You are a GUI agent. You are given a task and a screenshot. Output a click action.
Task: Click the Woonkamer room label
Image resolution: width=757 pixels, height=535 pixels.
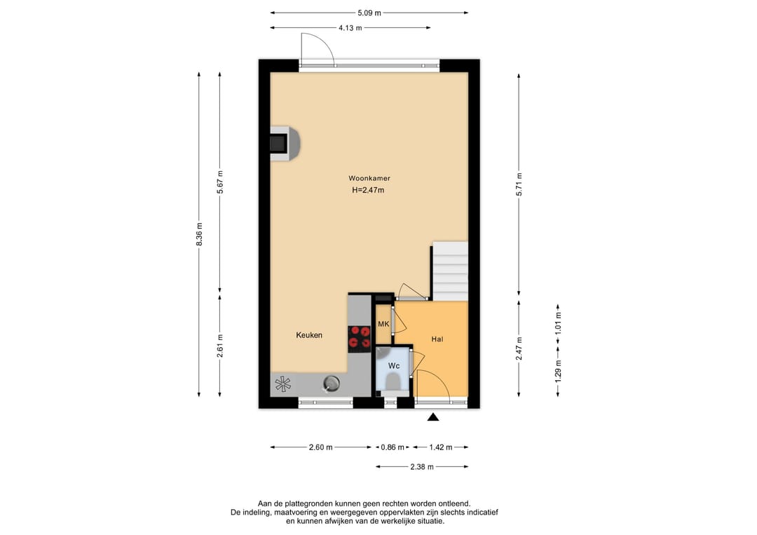coord(369,178)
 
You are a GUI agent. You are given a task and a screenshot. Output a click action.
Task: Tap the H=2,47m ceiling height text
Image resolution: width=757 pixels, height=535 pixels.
coord(369,190)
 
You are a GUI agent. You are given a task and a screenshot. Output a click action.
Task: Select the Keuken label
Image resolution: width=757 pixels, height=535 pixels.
coord(309,335)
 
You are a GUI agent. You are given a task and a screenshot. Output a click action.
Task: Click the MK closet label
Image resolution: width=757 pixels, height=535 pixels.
coord(383,324)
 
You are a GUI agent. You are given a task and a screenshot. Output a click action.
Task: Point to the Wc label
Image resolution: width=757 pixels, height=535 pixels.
coord(394,366)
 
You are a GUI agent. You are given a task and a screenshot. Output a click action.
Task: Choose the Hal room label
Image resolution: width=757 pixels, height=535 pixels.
coord(437,339)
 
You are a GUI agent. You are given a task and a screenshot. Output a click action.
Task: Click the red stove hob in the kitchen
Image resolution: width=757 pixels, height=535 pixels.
coord(359,337)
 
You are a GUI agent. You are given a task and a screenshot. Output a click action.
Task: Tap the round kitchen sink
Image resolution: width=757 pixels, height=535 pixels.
coord(331,384)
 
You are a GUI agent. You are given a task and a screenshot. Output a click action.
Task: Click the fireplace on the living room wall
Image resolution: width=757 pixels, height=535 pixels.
coord(285,143)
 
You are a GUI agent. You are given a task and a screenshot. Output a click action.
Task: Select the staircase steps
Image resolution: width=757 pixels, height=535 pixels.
coord(450,271)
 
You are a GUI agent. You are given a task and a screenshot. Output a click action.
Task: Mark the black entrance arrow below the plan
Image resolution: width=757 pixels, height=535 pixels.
coord(433,417)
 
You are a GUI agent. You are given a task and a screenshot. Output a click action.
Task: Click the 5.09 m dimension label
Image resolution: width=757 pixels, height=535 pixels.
coord(369,13)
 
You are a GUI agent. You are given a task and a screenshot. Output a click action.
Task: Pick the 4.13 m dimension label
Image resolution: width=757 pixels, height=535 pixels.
coord(350,28)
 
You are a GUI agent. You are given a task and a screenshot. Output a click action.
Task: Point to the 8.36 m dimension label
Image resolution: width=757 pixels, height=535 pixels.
coord(199,234)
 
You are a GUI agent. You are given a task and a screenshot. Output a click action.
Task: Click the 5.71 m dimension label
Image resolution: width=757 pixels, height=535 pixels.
coord(519,184)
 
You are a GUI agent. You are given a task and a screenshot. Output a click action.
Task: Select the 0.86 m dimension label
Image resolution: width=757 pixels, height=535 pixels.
coord(393,447)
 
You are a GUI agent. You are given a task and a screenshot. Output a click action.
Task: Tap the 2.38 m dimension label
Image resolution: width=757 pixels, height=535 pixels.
coord(422,467)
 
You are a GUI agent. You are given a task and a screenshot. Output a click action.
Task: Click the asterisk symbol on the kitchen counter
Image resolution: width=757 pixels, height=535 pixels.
coord(283,384)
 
